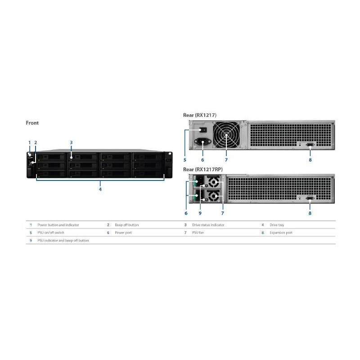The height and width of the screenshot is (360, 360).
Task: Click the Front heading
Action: (32, 123)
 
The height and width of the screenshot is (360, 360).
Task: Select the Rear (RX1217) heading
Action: (199, 115)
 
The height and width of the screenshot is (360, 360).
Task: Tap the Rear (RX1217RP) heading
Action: (203, 170)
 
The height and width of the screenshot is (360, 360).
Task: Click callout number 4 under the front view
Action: (100, 189)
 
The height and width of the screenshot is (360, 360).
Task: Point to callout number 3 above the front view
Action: (71, 142)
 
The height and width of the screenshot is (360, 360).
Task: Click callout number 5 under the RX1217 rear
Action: (185, 160)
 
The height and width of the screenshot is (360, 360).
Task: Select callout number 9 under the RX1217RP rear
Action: (200, 213)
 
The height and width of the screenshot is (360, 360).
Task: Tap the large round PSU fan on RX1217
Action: (226, 135)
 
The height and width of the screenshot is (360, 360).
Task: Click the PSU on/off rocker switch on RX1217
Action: (203, 130)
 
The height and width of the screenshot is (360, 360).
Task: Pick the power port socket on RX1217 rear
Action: (203, 141)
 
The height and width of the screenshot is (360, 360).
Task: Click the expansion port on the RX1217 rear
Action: (310, 144)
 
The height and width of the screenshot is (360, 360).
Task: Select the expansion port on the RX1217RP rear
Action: (310, 198)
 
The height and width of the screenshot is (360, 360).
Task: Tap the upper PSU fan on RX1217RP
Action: (213, 182)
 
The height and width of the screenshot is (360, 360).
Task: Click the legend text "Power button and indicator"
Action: (58, 225)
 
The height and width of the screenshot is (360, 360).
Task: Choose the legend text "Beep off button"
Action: (127, 225)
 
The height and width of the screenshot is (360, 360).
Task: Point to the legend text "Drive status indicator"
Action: (208, 225)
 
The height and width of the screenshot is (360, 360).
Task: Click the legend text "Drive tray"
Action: (277, 225)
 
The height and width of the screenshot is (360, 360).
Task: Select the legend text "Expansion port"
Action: (281, 233)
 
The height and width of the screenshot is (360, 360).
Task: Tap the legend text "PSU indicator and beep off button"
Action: (63, 240)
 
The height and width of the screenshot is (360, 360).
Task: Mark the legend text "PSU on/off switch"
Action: (51, 233)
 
